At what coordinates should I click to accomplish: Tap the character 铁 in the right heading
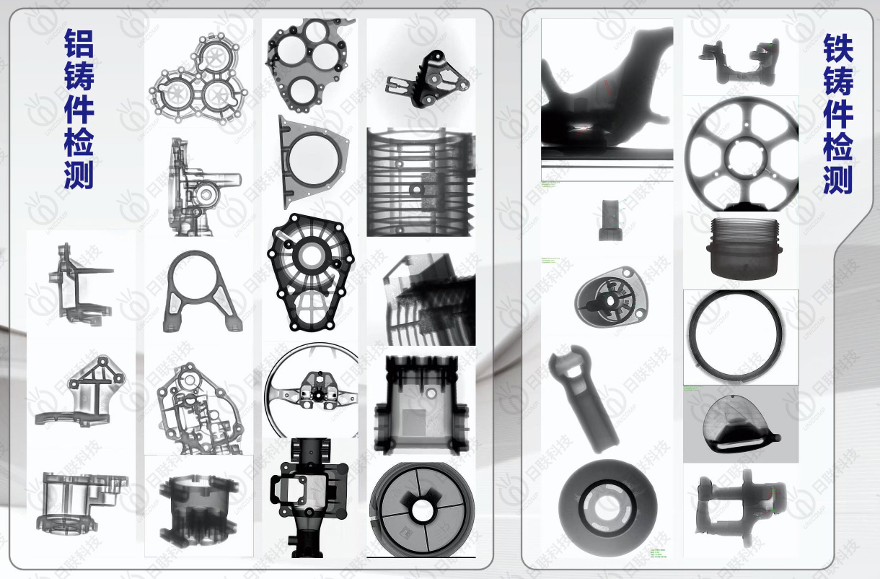[837, 50]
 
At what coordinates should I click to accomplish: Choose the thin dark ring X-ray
[741, 336]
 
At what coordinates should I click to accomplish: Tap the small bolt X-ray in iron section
[607, 219]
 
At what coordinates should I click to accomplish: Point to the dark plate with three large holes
[308, 62]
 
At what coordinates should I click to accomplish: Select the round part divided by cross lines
[421, 510]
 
